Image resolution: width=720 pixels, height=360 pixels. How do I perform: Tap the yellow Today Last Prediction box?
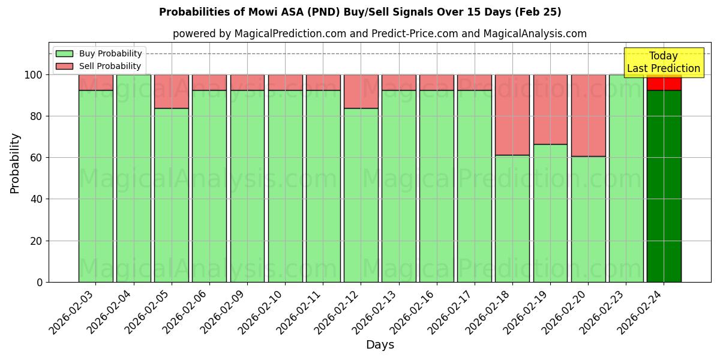[x=663, y=62]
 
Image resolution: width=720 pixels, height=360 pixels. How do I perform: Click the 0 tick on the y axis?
[x=39, y=282]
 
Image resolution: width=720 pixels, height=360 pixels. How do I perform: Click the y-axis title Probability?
[x=15, y=163]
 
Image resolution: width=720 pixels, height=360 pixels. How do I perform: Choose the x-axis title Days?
[x=380, y=344]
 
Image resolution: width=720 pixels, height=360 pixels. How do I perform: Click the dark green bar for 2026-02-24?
[x=664, y=186]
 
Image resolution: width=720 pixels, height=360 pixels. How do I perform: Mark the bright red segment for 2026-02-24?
[x=664, y=83]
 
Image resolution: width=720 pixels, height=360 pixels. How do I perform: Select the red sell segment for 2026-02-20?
[x=588, y=115]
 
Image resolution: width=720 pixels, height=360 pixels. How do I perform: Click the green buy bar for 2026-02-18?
[x=512, y=218]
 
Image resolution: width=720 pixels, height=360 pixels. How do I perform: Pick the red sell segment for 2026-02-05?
[x=172, y=91]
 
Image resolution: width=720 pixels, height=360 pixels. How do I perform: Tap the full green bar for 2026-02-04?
[x=134, y=178]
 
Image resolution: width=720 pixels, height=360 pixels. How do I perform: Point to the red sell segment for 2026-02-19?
[x=550, y=109]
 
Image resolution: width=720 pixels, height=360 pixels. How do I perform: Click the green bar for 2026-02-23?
[x=626, y=178]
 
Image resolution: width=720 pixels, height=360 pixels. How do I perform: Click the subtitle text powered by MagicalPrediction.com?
[x=380, y=34]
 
